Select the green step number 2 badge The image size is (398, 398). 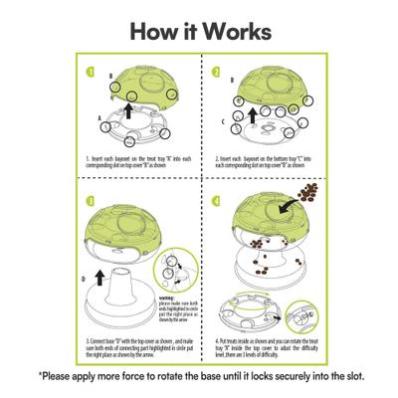(216, 73)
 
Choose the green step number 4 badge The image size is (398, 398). (216, 202)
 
